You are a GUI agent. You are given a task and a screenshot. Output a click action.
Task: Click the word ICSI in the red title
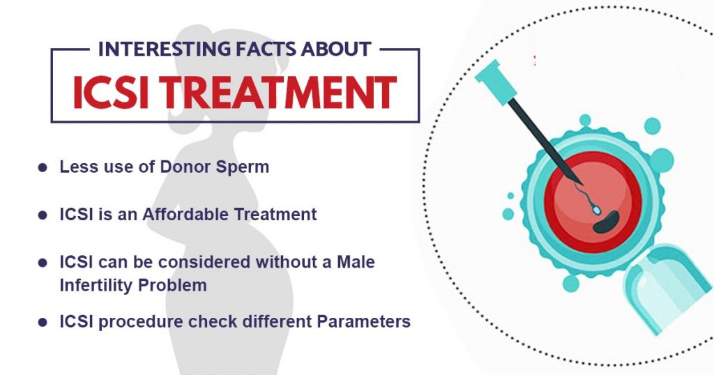tap(111, 92)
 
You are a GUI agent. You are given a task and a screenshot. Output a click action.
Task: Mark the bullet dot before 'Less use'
tap(43, 168)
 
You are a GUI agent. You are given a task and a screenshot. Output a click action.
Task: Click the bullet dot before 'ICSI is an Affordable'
tap(43, 215)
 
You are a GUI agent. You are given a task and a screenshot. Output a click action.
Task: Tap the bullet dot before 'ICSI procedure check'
tap(43, 322)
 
